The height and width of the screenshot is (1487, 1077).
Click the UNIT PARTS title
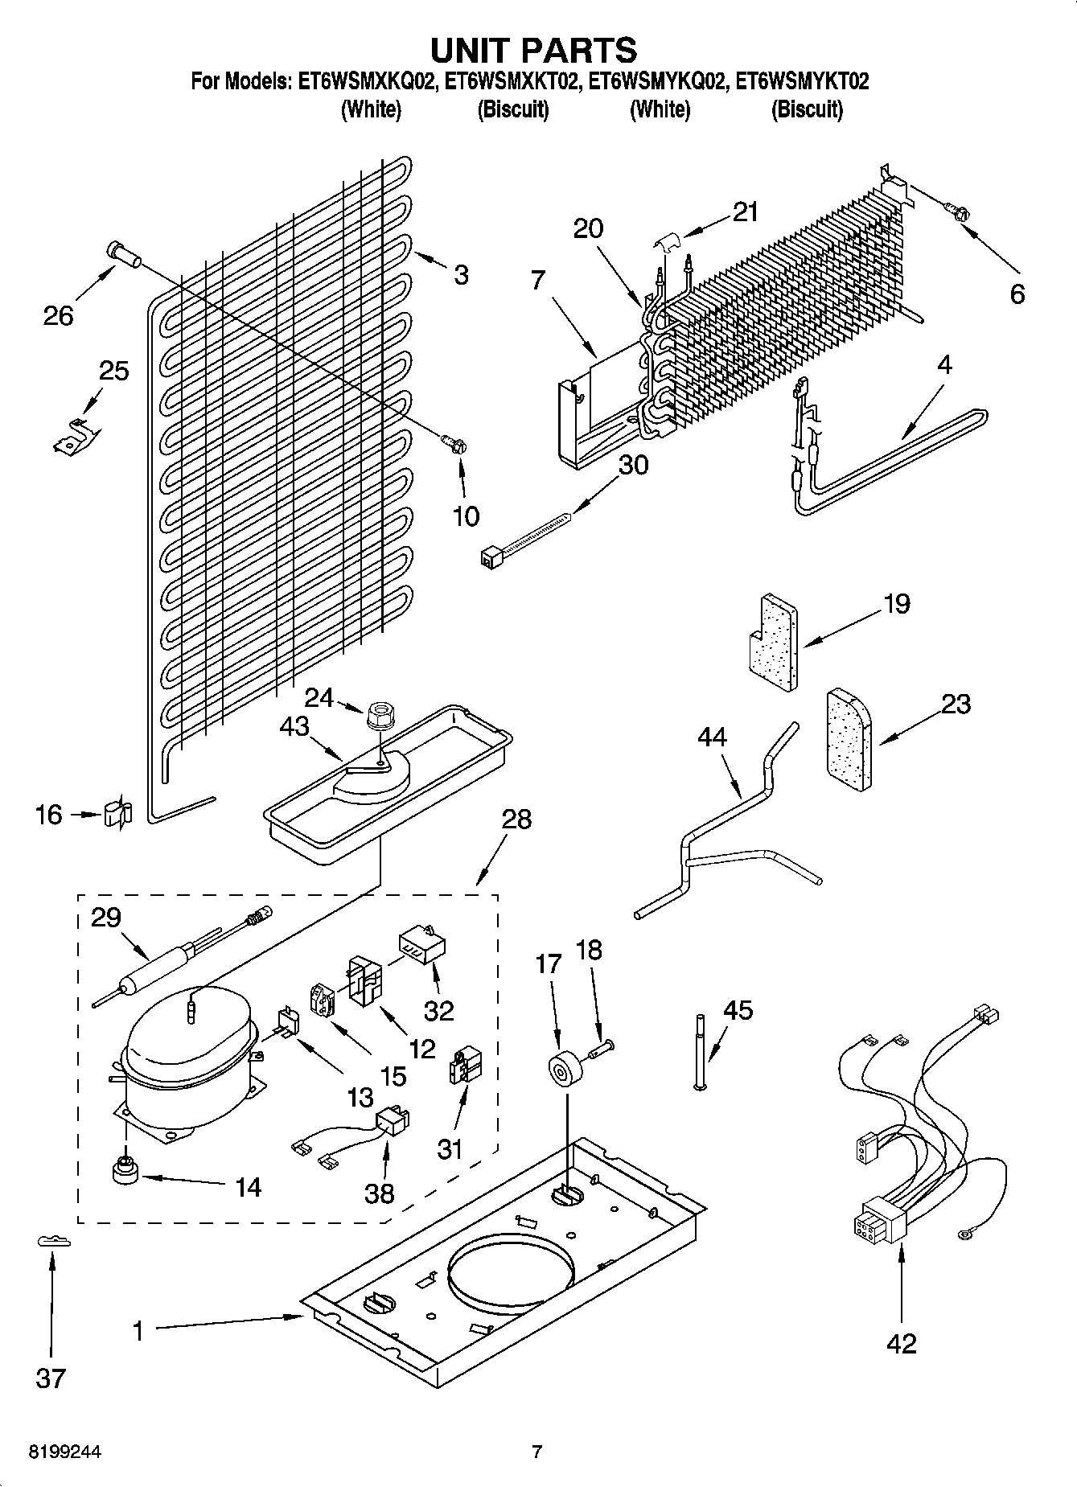[534, 50]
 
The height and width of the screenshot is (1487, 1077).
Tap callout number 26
[59, 315]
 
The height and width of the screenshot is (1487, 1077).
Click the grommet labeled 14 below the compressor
[125, 1170]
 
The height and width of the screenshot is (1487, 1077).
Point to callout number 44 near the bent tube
[713, 737]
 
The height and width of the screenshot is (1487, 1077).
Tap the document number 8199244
[65, 1452]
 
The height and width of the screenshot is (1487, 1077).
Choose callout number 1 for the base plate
[138, 1331]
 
